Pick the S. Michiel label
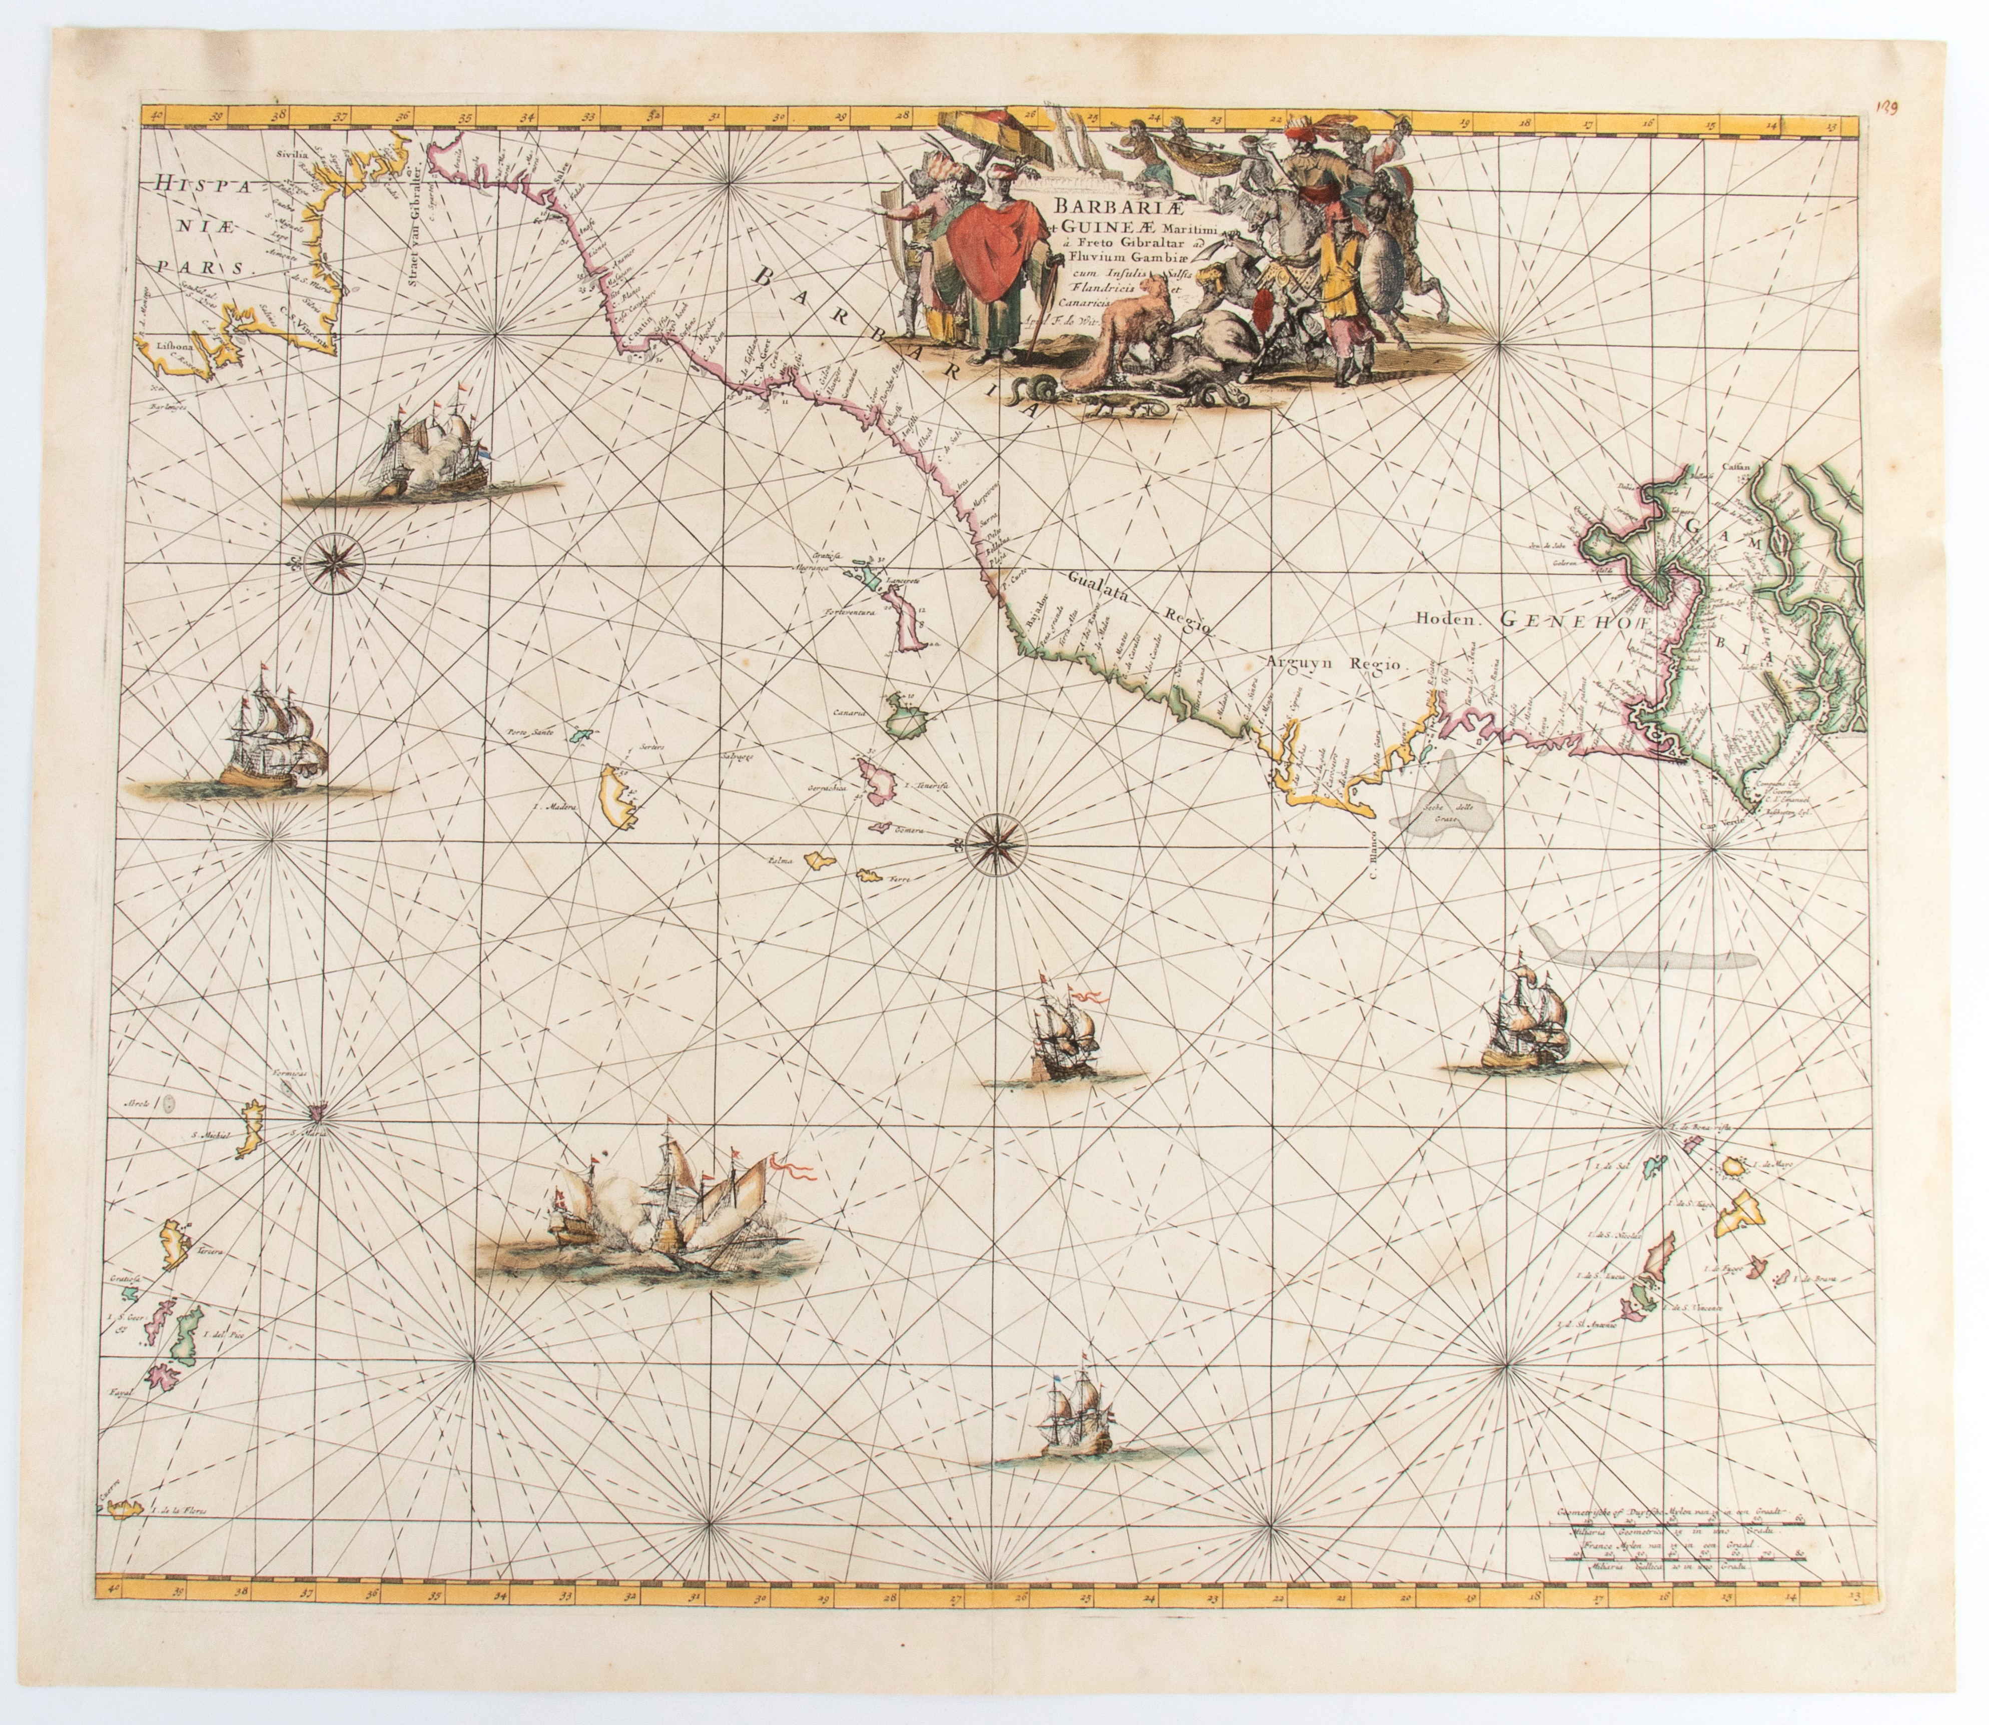(214, 1136)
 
